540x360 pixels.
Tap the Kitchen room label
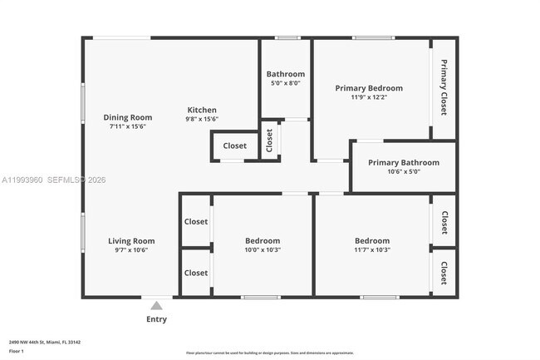[202, 110]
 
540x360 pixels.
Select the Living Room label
[131, 241]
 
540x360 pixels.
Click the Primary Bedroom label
[368, 88]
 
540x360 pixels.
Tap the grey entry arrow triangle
[156, 305]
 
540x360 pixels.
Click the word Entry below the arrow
[156, 319]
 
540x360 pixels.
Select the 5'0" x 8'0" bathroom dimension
[285, 83]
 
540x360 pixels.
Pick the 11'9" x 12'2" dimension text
[368, 97]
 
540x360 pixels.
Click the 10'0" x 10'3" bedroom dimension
[262, 249]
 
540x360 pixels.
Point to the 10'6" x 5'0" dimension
[403, 172]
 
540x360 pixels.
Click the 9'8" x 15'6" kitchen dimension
[202, 119]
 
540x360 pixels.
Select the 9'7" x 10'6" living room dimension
[131, 250]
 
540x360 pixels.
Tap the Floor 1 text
[17, 351]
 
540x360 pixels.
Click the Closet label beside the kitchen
[234, 145]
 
